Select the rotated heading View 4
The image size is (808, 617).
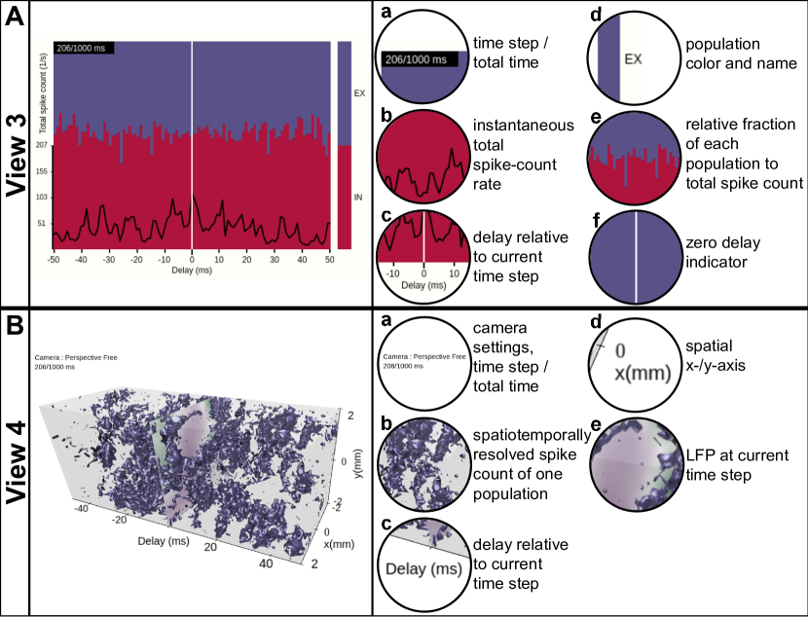tap(15, 464)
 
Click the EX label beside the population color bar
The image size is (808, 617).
tap(357, 93)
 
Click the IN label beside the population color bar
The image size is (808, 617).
tap(357, 197)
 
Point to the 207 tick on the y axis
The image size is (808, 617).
tap(42, 146)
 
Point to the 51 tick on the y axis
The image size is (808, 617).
tap(42, 223)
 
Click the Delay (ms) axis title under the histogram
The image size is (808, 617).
tap(192, 273)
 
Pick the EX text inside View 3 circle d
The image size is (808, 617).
tap(634, 59)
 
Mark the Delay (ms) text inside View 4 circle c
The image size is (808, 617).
tap(422, 568)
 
